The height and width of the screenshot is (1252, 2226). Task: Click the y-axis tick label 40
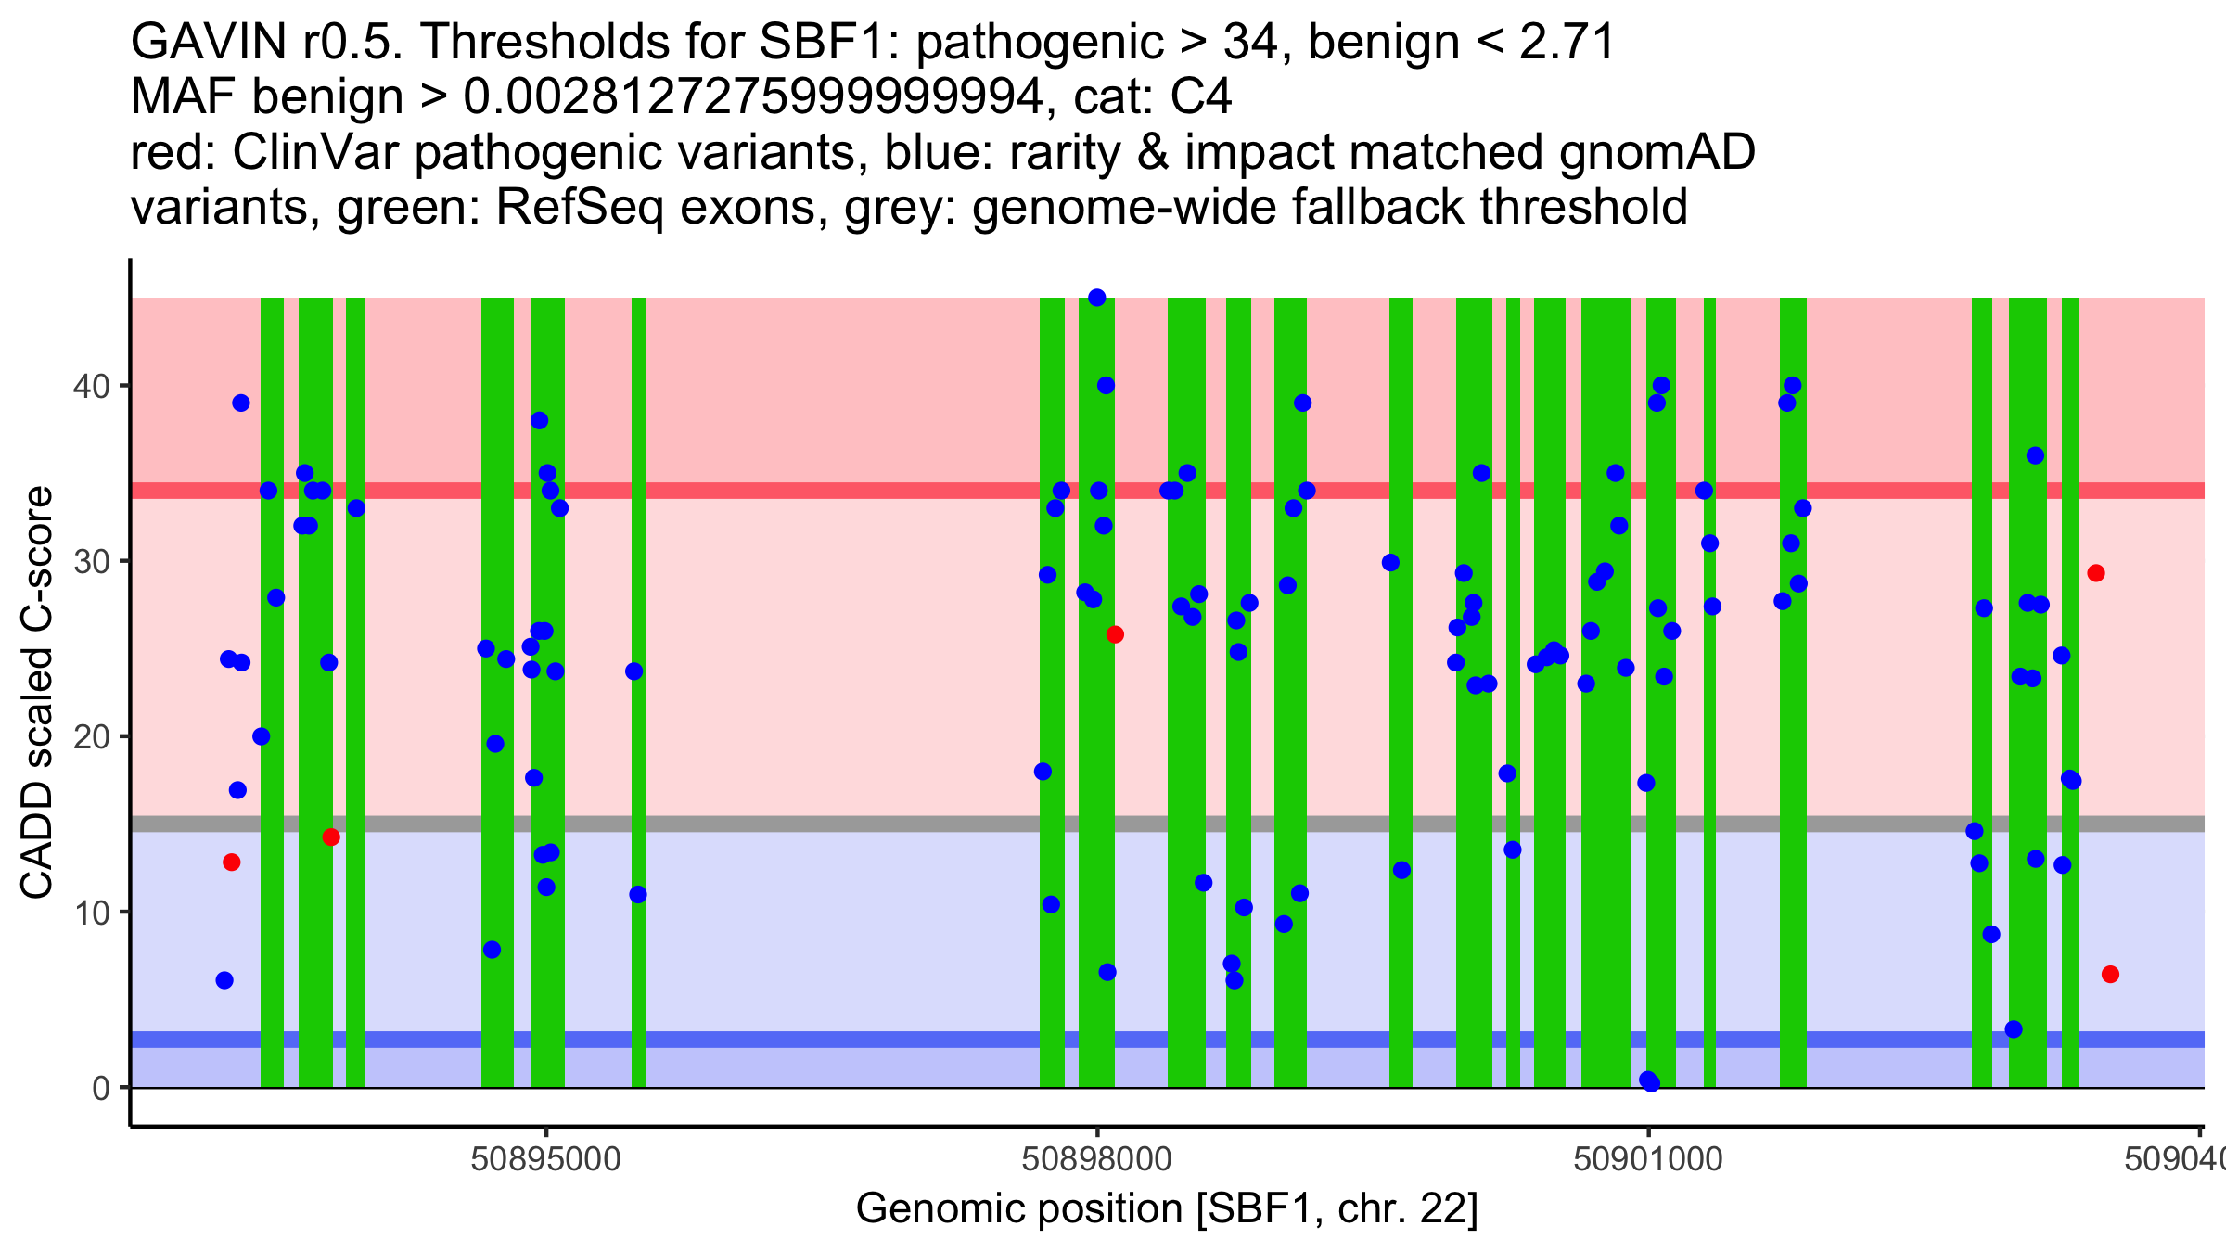click(90, 386)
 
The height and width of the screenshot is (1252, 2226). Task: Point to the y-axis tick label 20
click(90, 737)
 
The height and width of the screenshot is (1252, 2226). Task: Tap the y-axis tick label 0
click(100, 1088)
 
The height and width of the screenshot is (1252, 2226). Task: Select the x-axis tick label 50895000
click(545, 1159)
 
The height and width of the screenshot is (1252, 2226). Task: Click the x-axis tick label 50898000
click(1096, 1159)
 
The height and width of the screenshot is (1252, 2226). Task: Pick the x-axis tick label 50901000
click(1648, 1159)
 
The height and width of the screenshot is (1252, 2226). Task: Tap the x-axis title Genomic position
click(1167, 1208)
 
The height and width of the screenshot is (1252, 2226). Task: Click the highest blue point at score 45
click(1096, 298)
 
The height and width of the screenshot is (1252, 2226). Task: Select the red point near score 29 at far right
click(2096, 573)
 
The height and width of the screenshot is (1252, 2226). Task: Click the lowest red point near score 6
click(2110, 974)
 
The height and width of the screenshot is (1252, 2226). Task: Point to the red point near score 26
click(1115, 634)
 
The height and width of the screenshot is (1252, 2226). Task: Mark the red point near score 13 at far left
click(232, 862)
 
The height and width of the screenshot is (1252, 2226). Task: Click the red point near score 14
click(331, 837)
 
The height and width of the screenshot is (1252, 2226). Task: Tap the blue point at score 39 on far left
click(241, 402)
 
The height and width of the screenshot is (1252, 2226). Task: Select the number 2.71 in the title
click(1567, 42)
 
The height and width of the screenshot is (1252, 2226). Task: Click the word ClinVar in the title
click(316, 152)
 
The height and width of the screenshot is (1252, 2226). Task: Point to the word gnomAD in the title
click(1657, 152)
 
